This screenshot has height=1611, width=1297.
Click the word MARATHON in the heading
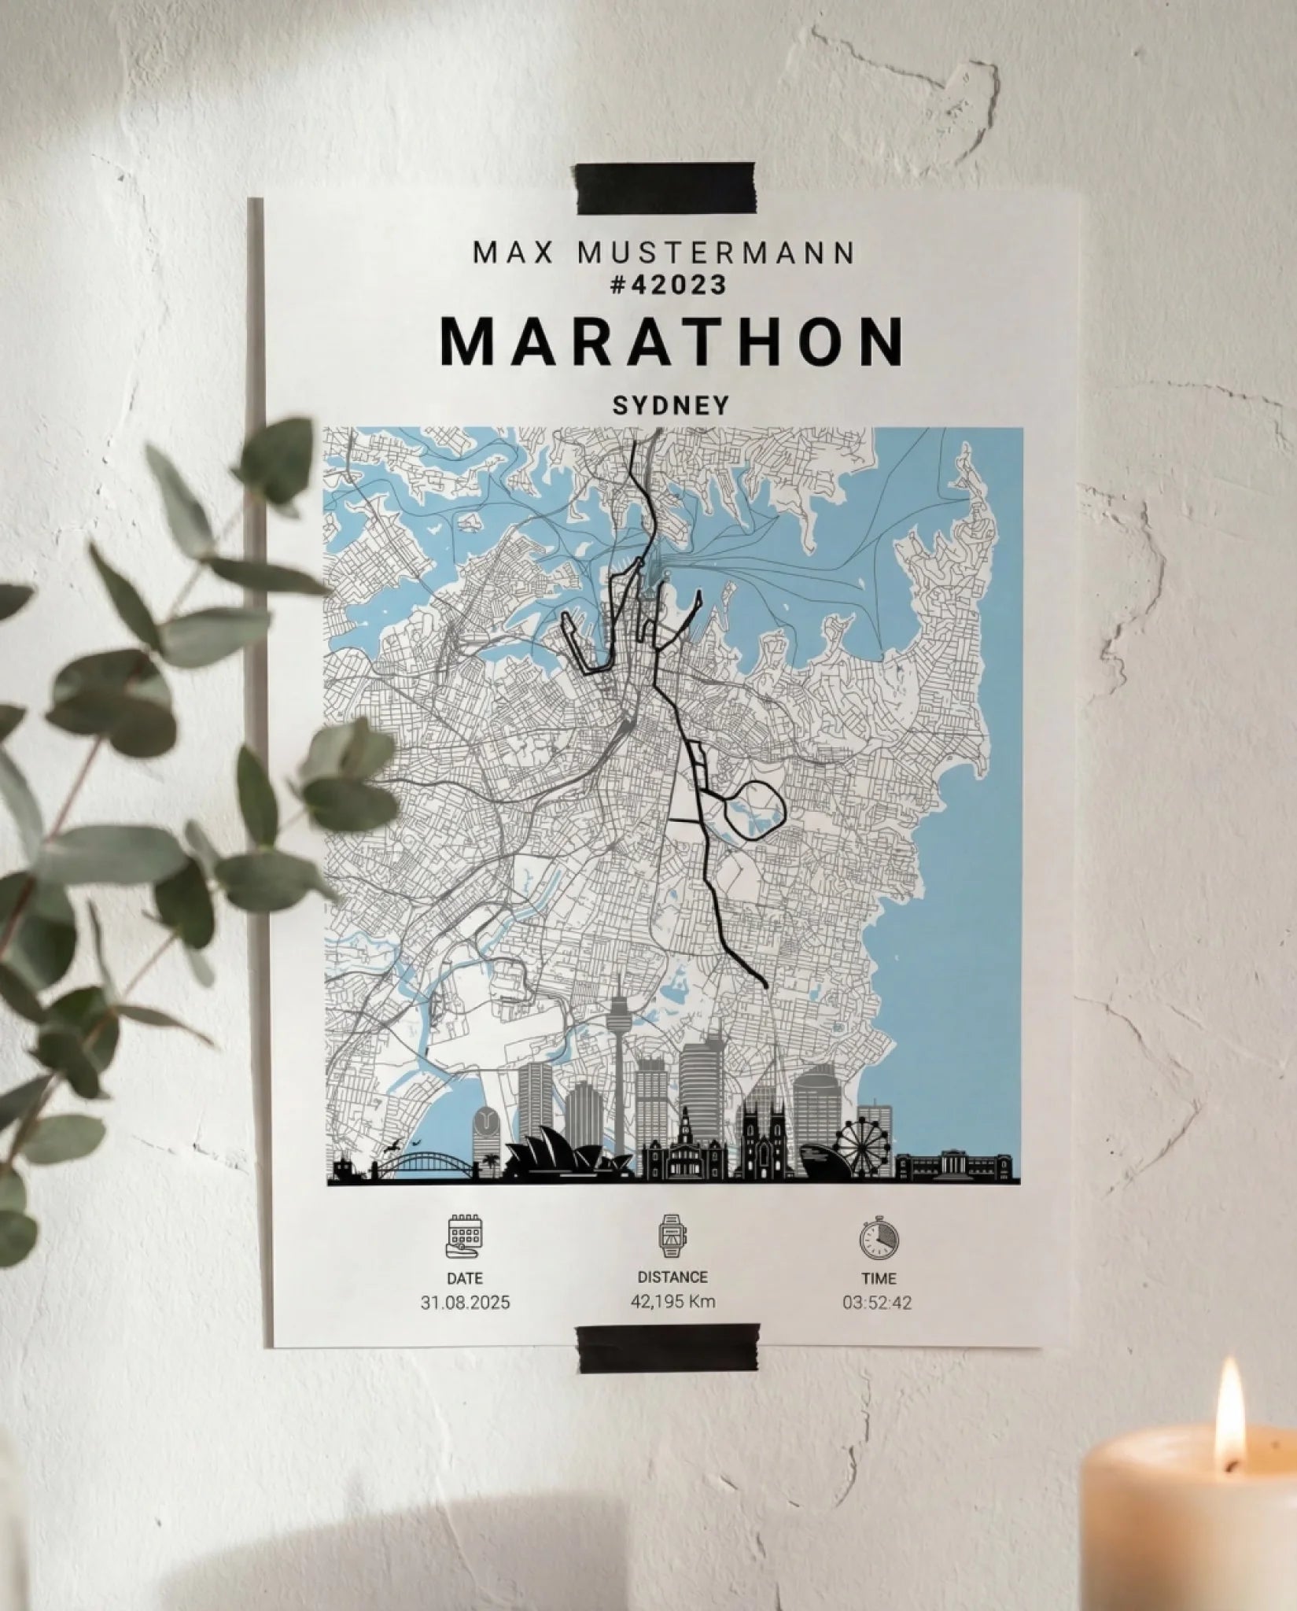(672, 342)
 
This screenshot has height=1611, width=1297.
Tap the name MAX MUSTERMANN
(664, 253)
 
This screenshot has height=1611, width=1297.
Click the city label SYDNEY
(671, 405)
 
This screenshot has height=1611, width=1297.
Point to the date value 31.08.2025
(465, 1303)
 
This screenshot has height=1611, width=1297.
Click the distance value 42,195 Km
(672, 1301)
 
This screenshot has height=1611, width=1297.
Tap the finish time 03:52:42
(877, 1303)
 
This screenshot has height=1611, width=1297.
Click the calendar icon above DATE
(464, 1235)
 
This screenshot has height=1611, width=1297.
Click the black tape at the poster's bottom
(668, 1347)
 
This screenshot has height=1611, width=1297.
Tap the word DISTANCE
(672, 1277)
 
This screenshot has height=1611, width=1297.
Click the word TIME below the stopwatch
(878, 1278)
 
